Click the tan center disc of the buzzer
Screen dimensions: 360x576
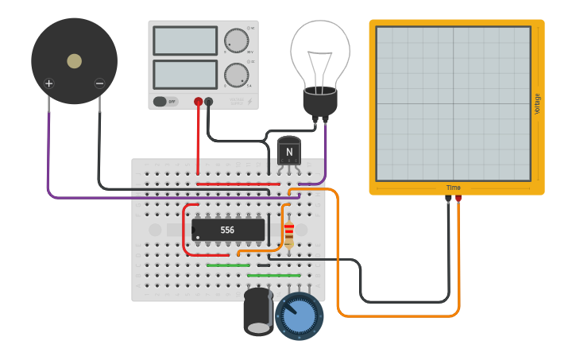click(x=74, y=61)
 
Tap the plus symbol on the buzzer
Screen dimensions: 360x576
click(x=48, y=83)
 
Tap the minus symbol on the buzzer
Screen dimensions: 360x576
click(x=99, y=83)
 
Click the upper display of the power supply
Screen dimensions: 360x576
click(x=185, y=41)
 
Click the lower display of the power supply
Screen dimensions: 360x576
click(x=185, y=75)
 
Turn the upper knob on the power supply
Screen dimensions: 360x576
click(x=235, y=41)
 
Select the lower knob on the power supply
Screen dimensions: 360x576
click(x=235, y=75)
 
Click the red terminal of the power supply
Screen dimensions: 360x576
click(x=198, y=102)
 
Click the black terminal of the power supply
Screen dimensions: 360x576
click(x=209, y=102)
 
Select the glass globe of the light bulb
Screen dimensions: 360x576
click(x=319, y=52)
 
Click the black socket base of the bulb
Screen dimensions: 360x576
click(x=320, y=102)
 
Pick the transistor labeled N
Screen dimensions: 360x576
click(x=289, y=151)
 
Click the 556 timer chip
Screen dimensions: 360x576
click(x=228, y=230)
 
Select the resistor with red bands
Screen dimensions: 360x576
click(x=288, y=233)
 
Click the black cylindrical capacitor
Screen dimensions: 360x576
click(x=258, y=311)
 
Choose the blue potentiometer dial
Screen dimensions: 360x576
click(x=300, y=315)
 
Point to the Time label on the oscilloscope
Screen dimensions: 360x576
click(x=453, y=188)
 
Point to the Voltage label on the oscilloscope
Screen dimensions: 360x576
click(x=538, y=103)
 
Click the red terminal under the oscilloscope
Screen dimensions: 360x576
click(x=458, y=199)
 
